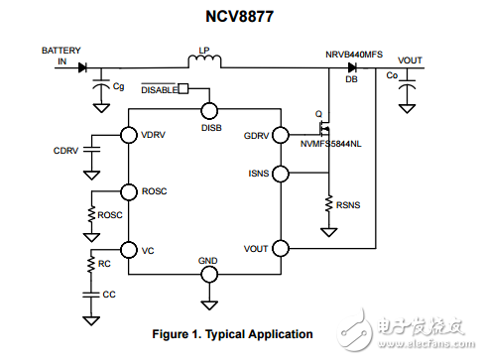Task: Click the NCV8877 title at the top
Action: point(242,16)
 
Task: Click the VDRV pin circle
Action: point(128,134)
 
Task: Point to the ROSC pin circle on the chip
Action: point(128,191)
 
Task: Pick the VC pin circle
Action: point(128,249)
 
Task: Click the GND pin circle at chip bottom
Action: point(208,272)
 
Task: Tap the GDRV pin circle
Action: point(281,134)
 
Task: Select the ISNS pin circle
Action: point(281,175)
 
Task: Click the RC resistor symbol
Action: point(91,265)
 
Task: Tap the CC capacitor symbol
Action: point(91,295)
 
